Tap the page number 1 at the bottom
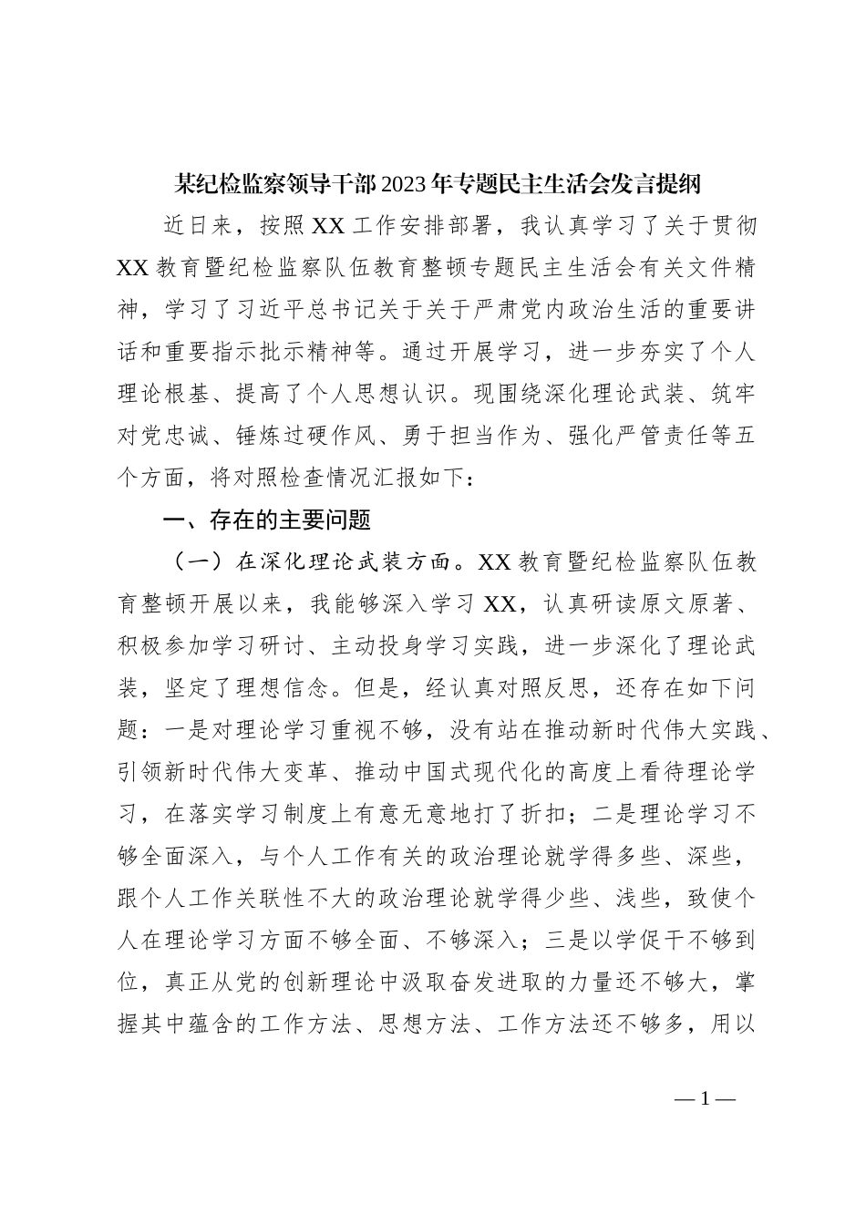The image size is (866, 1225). pos(705,1098)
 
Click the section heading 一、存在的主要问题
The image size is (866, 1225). pos(266,520)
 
